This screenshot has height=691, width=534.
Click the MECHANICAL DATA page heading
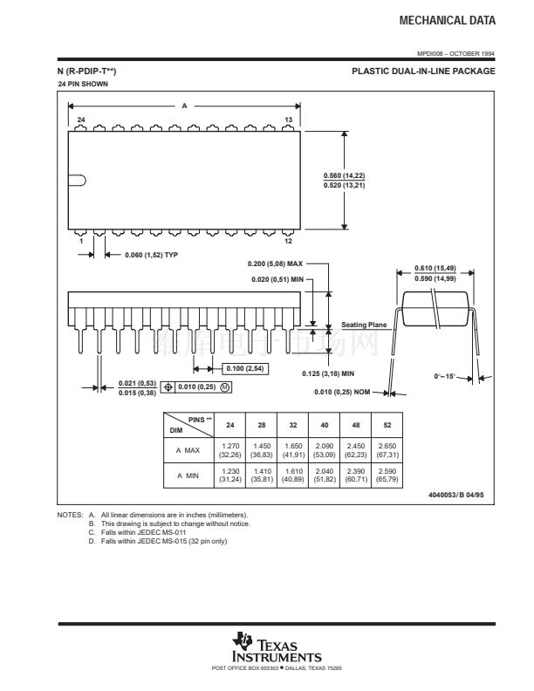448,20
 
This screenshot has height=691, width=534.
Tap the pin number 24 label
81,120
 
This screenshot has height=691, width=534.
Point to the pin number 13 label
288,120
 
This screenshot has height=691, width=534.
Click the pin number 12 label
288,241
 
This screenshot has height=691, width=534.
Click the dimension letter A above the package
185,106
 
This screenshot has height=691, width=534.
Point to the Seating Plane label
364,325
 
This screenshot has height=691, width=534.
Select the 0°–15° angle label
444,376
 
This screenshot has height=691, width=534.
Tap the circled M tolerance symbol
225,387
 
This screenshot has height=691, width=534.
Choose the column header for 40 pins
325,425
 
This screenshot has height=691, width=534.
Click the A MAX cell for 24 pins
230,450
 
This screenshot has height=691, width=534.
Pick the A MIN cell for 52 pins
387,475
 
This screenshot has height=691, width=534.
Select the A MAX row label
188,450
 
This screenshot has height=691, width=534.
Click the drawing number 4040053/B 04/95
456,495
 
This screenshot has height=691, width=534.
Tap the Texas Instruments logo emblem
243,640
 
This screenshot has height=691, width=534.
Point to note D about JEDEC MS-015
158,541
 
